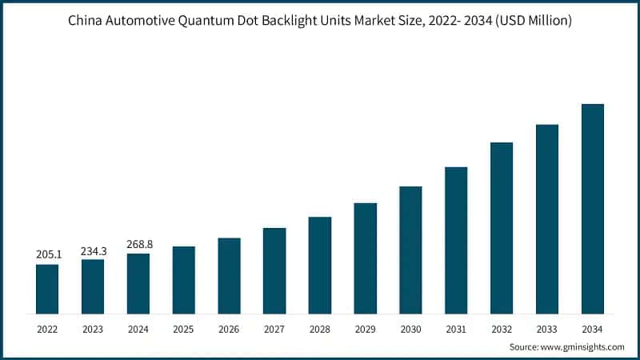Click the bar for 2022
click(47, 289)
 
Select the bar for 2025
click(184, 280)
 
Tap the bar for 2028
click(320, 265)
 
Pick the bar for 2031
click(456, 240)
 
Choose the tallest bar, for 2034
click(592, 209)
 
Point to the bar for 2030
click(410, 250)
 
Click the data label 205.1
click(47, 254)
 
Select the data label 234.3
click(93, 250)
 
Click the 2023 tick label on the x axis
click(93, 329)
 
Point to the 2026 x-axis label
click(229, 329)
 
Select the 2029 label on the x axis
click(365, 329)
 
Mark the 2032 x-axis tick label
click(502, 329)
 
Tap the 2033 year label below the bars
click(547, 329)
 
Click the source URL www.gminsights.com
click(583, 347)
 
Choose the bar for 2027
click(274, 270)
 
